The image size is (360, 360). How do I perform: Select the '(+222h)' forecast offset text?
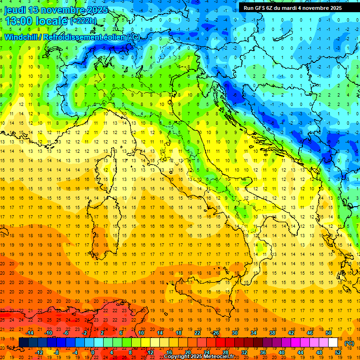coord(83,21)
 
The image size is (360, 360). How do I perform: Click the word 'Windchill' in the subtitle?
coord(23,37)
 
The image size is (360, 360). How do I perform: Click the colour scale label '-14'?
coord(30,332)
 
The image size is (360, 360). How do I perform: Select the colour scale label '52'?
coord(338,352)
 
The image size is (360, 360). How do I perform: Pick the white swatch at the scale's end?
coord(333,342)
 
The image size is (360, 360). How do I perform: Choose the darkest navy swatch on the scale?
coord(23,342)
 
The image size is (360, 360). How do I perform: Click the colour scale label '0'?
coord(93,352)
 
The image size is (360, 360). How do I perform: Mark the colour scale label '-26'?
coord(215,332)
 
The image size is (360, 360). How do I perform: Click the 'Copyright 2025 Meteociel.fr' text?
coord(199,357)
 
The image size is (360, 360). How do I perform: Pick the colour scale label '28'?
coord(225,352)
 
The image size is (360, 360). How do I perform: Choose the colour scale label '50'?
coord(329,332)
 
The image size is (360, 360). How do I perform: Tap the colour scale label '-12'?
coord(39,352)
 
